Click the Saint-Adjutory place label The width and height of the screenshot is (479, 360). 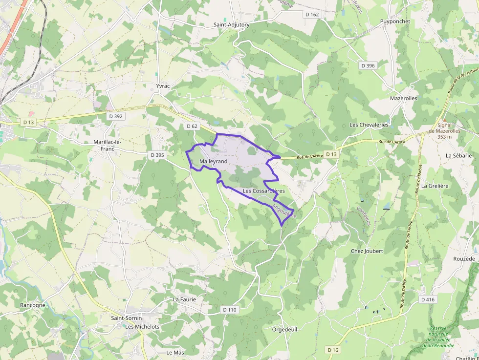coord(231,24)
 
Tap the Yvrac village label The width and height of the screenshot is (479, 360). coord(163,86)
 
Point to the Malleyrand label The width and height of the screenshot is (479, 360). coord(214,161)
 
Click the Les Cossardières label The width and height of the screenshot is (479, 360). coord(263,191)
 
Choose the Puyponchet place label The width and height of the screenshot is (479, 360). coord(395,22)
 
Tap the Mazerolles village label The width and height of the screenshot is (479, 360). coord(403,98)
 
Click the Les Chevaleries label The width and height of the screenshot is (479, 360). coord(369,125)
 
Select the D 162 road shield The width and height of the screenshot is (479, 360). coord(312,15)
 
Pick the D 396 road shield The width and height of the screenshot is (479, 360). coord(368,65)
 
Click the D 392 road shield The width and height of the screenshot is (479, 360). coord(116,116)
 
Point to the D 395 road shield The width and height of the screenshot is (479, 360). coord(157,155)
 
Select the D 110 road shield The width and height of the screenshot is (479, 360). coord(229,310)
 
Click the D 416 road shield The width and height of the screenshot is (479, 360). coord(427,299)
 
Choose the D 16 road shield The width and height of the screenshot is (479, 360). coord(333,350)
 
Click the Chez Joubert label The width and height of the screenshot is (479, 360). coord(367,251)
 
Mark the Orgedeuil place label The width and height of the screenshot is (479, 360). coord(284,329)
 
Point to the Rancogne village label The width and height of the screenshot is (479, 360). coord(33,305)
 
